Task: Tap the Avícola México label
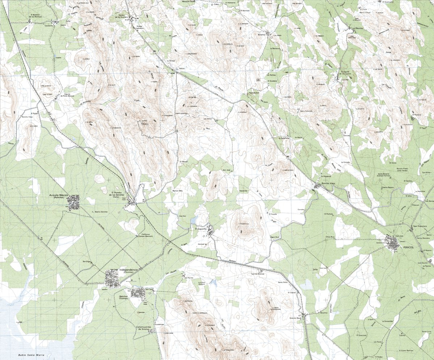(x=59, y=195)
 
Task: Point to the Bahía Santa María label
(x=31, y=355)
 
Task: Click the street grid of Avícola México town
(x=74, y=202)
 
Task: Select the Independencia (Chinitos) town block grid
(x=112, y=280)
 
